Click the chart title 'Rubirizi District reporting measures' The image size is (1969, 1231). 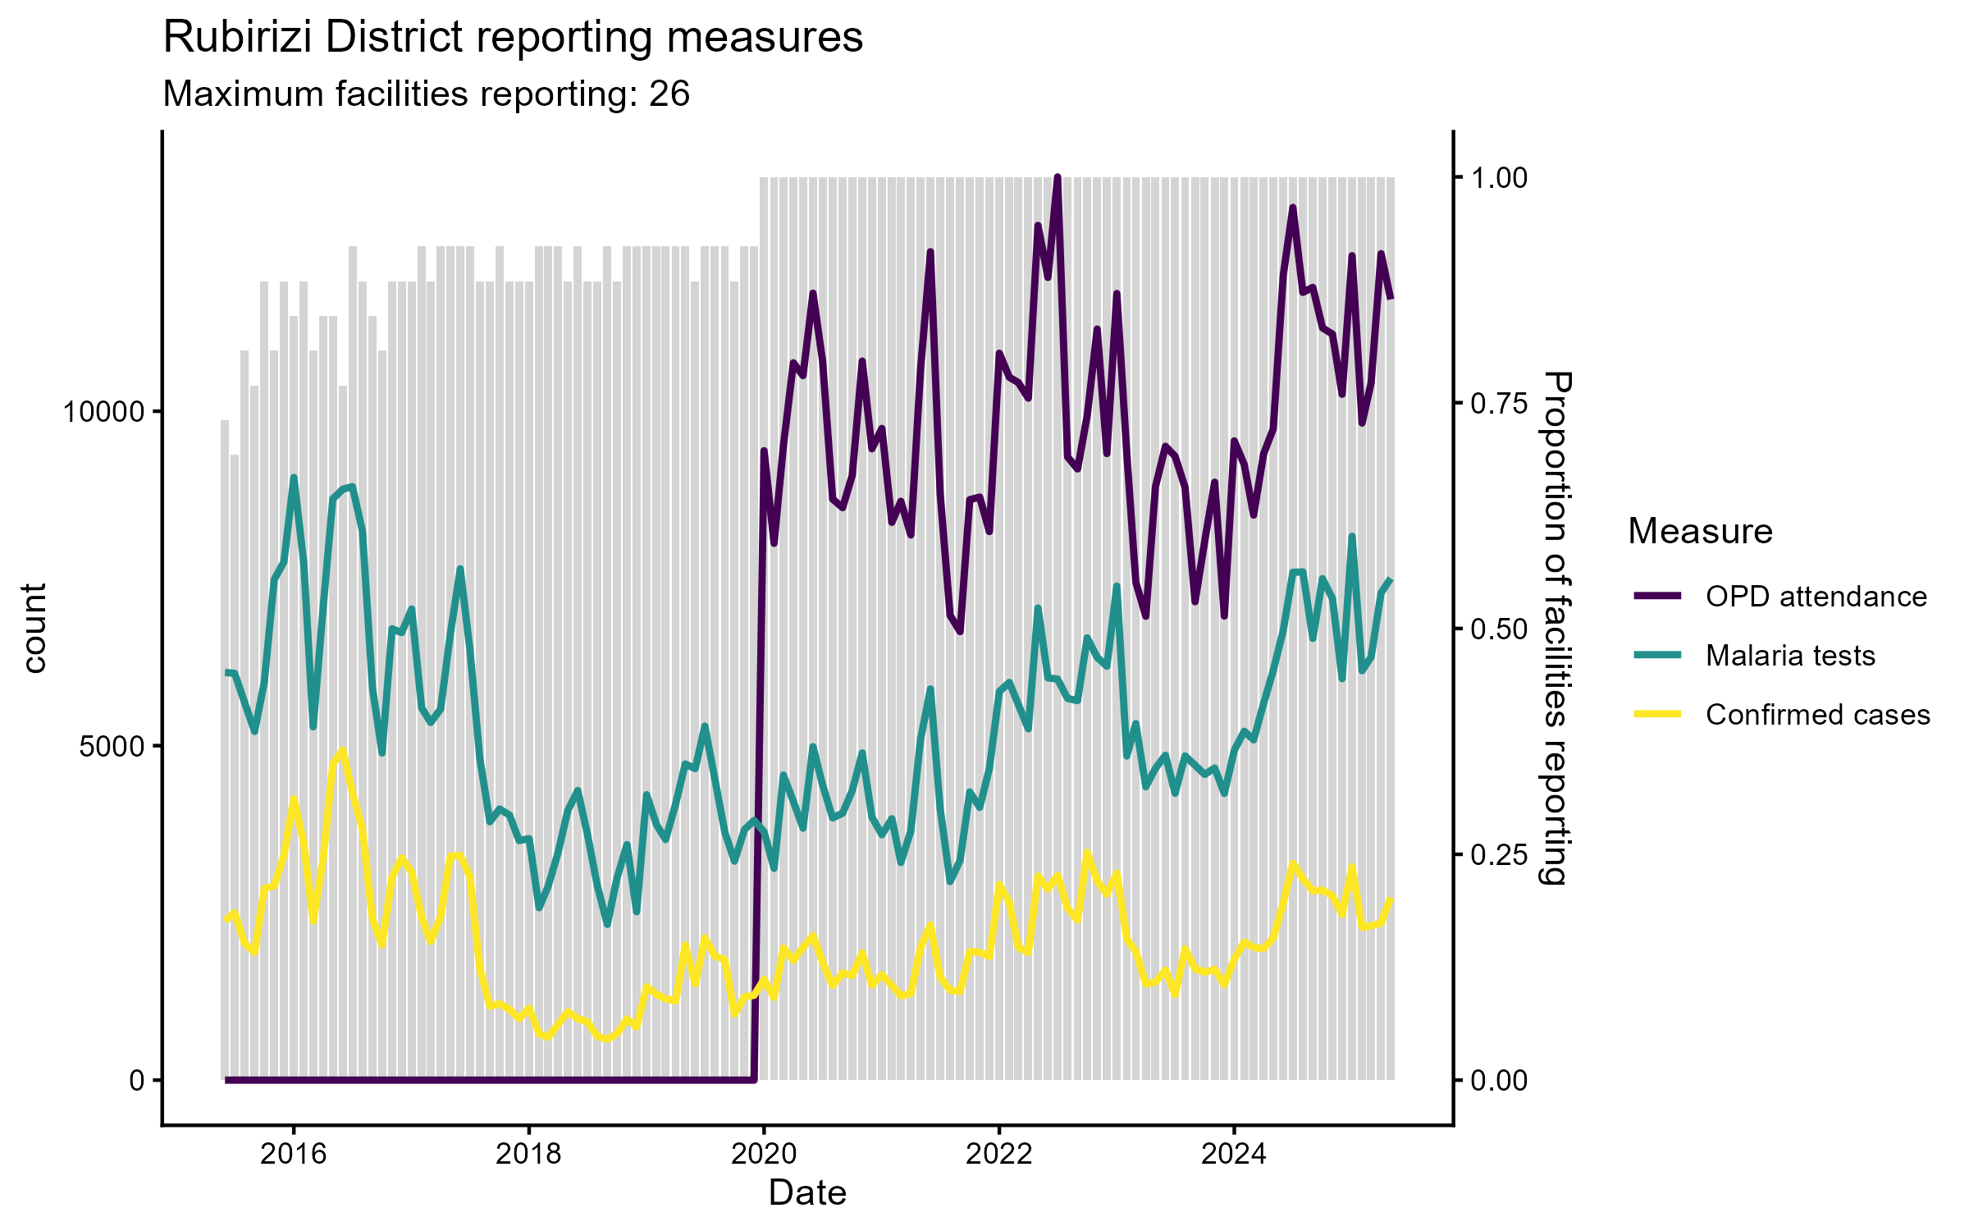point(513,38)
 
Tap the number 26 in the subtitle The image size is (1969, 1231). point(669,94)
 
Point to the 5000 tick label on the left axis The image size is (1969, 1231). point(112,746)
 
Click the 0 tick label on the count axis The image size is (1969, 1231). point(136,1080)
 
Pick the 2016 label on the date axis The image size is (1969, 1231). point(293,1154)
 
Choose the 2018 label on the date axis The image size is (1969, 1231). point(528,1154)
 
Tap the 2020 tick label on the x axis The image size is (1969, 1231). point(764,1154)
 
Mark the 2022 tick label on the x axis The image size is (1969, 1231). point(998,1154)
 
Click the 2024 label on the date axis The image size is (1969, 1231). point(1233,1154)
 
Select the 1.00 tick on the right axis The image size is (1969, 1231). point(1498,178)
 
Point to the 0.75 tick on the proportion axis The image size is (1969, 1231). point(1498,403)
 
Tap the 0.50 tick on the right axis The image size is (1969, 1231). point(1498,629)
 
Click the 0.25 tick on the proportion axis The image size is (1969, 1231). point(1498,854)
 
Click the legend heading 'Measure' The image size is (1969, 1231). point(1700,532)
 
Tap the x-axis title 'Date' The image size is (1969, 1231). point(807,1193)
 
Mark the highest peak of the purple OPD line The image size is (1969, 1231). point(1058,178)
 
